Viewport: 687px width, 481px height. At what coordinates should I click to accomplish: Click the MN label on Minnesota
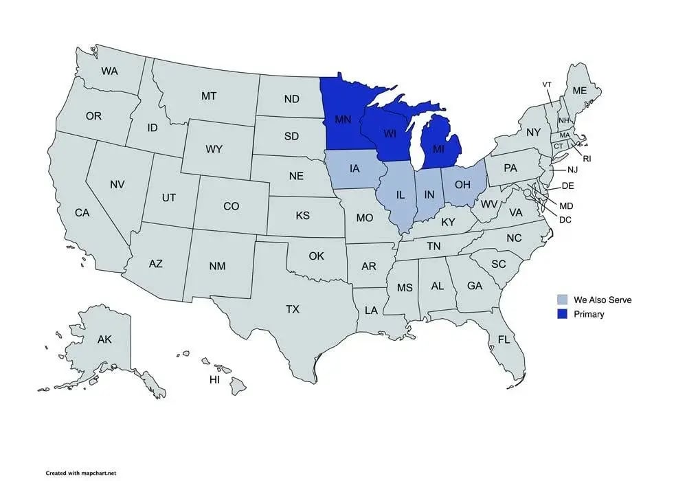coord(343,120)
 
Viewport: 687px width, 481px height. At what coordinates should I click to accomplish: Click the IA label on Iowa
coord(354,168)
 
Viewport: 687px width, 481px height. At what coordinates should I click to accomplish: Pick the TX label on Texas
coord(293,309)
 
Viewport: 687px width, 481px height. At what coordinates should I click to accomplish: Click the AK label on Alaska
coord(104,339)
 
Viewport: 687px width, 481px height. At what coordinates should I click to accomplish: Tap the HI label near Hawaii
coord(214,379)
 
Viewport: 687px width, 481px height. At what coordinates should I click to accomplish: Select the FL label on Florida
coord(504,339)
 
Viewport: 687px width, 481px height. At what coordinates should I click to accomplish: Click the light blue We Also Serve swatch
coord(563,300)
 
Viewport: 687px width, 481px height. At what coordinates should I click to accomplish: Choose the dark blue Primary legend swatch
coord(563,314)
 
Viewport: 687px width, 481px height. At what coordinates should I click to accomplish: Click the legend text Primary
coord(589,314)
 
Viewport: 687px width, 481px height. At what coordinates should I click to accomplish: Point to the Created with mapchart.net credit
coord(86,473)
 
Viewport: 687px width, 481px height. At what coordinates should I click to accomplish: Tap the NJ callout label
coord(572,169)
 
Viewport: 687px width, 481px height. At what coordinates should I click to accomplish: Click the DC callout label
coord(565,220)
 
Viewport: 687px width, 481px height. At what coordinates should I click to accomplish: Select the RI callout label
coord(587,158)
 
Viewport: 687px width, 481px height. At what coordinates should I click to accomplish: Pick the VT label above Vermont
coord(547,85)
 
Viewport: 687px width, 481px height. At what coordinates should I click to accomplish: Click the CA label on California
coord(82,213)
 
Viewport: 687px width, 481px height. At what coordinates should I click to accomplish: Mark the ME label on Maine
coord(580,90)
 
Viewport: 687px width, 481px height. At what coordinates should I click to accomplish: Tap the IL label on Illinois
coord(401,195)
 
